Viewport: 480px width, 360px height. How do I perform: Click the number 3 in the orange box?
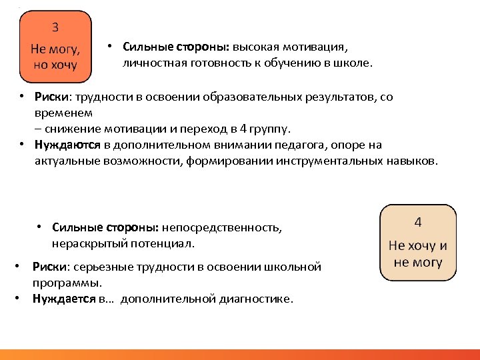tap(55, 27)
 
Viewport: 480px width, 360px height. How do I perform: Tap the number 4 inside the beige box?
tap(417, 222)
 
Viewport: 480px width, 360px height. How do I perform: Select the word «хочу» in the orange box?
tap(63, 65)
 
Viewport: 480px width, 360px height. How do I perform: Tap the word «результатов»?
tap(345, 97)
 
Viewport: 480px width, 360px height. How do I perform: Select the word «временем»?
tap(59, 113)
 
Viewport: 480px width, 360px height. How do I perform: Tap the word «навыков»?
tap(412, 161)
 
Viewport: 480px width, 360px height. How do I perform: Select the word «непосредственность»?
tap(231, 227)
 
